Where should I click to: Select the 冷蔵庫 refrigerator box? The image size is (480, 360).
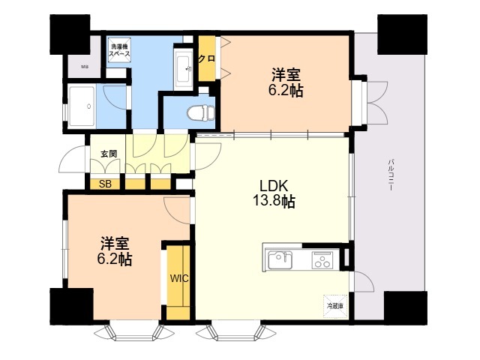pos(334,305)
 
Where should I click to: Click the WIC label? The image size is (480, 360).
pos(178,278)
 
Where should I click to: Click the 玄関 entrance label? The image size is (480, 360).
pos(109,153)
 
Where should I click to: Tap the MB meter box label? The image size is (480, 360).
pos(85,67)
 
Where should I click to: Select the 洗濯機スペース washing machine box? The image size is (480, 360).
pos(119,51)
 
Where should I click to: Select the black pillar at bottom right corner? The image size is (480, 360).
pos(404,308)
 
